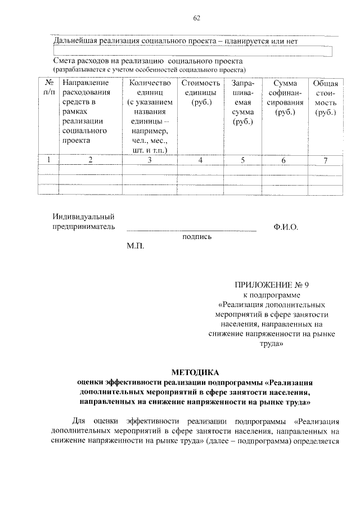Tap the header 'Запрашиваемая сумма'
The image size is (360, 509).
242,102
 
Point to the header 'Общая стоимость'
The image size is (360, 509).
325,97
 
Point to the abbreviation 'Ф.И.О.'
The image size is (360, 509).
286,227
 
